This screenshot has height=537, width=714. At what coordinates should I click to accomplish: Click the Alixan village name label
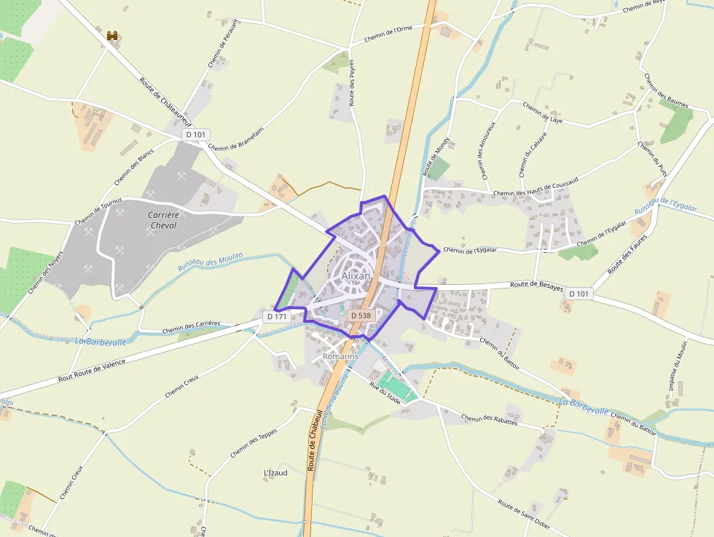click(x=356, y=276)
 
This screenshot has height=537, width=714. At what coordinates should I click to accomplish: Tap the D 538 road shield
click(x=360, y=315)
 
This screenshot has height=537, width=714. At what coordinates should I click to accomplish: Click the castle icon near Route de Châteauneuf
click(x=113, y=35)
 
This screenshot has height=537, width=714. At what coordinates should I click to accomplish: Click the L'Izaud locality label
click(x=275, y=472)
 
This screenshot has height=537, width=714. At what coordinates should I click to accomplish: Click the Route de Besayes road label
click(x=537, y=286)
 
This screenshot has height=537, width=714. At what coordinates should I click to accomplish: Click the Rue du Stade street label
click(x=385, y=392)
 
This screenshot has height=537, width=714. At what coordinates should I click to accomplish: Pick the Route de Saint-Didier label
click(x=523, y=514)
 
